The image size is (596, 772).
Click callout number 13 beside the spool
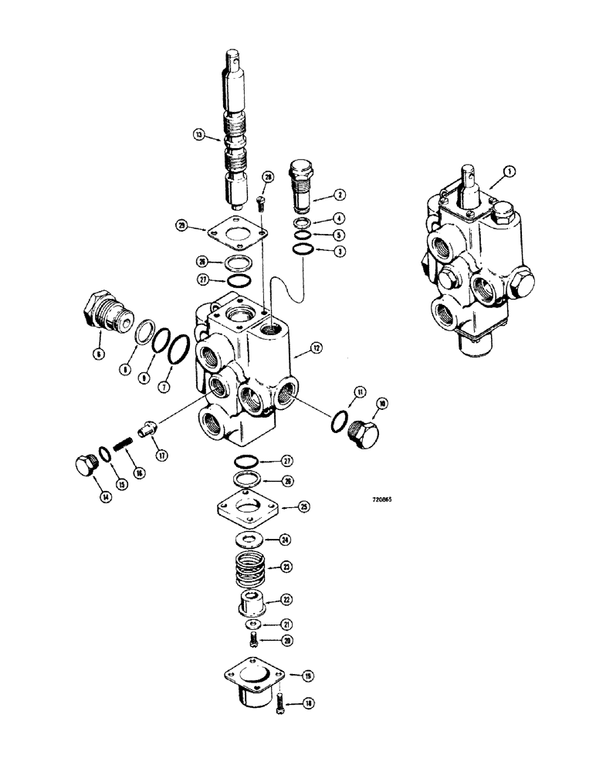point(198,135)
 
